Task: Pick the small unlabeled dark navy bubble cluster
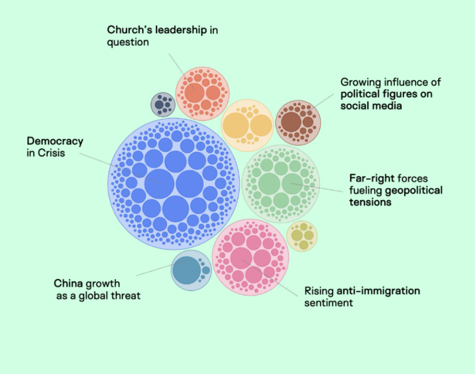pyautogui.click(x=162, y=104)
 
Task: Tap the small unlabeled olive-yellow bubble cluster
pyautogui.click(x=302, y=236)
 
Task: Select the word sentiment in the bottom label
pyautogui.click(x=328, y=303)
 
